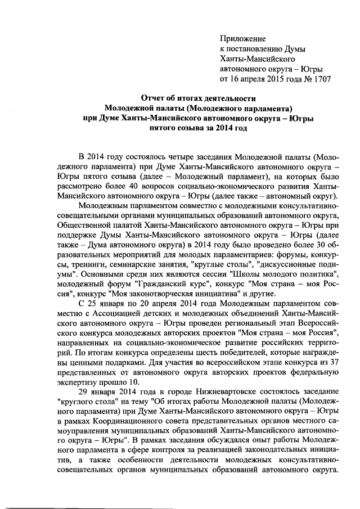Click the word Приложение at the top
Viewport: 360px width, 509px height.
242,38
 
